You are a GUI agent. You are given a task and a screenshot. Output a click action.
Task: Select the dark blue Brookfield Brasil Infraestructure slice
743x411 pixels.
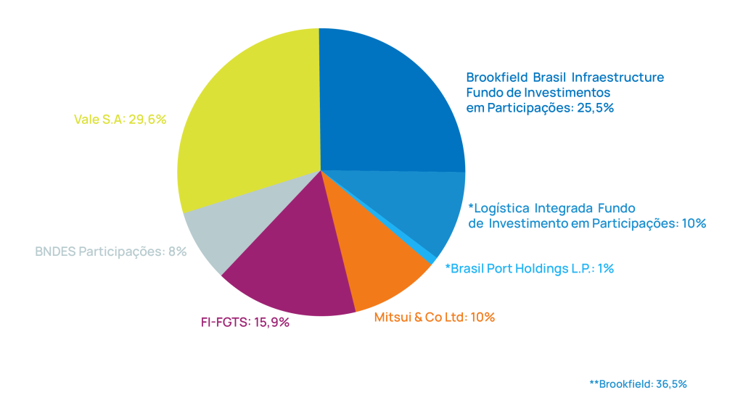389,104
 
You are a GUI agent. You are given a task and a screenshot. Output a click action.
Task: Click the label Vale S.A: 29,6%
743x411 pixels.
120,120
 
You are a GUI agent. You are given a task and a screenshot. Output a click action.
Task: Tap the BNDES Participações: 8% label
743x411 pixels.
111,252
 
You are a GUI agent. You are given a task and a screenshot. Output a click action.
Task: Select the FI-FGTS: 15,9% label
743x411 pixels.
245,323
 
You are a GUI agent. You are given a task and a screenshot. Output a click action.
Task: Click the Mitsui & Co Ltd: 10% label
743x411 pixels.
435,317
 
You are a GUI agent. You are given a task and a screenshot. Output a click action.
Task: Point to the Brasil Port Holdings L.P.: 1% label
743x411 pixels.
529,268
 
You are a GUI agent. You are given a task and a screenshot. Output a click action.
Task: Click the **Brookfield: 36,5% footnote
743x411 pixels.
639,384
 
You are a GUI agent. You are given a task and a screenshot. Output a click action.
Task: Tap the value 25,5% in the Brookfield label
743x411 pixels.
595,108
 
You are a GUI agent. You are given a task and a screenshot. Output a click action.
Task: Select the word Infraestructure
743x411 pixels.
618,77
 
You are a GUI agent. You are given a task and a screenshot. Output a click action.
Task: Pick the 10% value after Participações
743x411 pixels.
694,223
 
